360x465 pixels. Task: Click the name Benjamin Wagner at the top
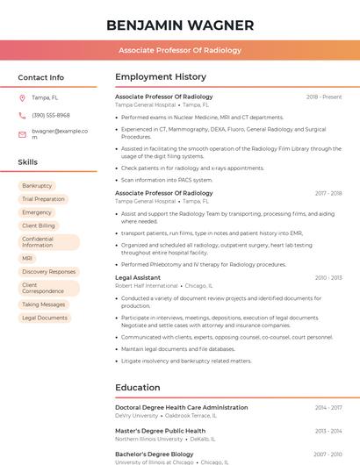(180, 25)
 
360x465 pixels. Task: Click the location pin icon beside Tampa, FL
(22, 97)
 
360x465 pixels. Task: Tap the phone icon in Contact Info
(22, 115)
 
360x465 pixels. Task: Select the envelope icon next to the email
(22, 134)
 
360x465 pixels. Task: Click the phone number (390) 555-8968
(50, 115)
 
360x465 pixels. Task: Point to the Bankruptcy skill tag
(37, 186)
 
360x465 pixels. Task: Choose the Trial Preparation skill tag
(43, 199)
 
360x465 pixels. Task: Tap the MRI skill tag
(27, 259)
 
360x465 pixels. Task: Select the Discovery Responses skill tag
(48, 272)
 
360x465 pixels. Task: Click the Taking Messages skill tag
(43, 304)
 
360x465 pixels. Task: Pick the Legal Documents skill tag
(44, 318)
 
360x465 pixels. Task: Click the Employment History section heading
(161, 77)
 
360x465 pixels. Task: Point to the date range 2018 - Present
(324, 97)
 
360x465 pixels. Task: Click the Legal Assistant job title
(138, 277)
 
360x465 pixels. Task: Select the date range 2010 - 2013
(328, 277)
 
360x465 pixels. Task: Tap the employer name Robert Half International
(146, 285)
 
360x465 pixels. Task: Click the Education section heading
(137, 387)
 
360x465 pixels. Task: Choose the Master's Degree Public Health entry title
(160, 431)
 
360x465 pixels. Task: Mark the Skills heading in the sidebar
(28, 162)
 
